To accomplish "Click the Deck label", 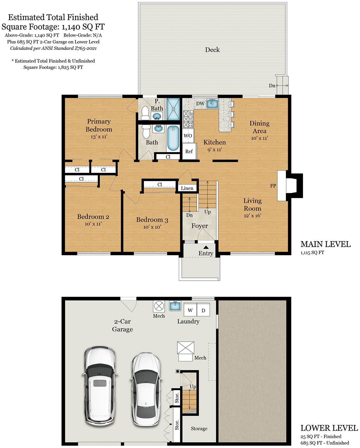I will pos(212,50).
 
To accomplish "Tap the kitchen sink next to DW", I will pos(212,103).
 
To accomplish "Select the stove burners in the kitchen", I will pos(188,119).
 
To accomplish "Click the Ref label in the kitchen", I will pos(189,152).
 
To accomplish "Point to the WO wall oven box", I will pos(188,136).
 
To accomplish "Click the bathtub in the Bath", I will pos(173,138).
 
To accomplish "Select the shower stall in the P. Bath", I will pos(173,109).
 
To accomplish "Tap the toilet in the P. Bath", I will pos(145,113).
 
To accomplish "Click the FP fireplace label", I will pos(273,186).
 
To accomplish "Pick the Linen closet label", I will pos(187,188).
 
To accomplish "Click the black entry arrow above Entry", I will pos(206,247).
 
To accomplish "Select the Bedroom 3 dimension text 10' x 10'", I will pos(152,227).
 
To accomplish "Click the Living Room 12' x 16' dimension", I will pos(252,216).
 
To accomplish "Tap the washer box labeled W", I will pos(190,310).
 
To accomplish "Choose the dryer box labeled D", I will pos(203,310).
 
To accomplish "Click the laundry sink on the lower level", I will pos(175,306).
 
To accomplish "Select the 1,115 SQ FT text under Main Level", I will pos(312,253).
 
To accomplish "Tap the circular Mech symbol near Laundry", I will pos(159,306).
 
